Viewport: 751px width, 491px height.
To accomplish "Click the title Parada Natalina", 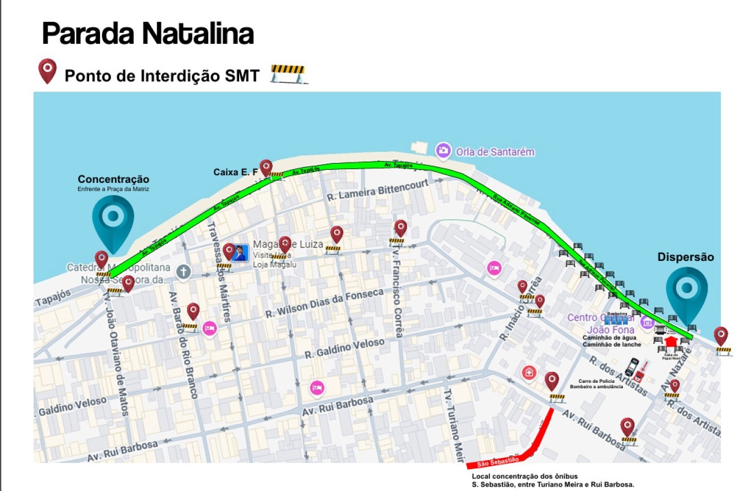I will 147,34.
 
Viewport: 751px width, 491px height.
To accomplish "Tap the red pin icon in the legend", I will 47,71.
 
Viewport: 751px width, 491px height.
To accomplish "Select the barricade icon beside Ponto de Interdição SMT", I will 288,74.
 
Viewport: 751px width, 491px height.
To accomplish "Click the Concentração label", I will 113,180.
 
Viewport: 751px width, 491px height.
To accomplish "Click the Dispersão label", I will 686,257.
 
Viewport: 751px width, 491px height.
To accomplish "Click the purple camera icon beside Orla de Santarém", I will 443,150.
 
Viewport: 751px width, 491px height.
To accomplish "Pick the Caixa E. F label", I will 235,172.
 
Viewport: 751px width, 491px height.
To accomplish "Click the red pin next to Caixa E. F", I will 266,168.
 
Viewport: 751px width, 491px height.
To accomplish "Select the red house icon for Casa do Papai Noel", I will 670,342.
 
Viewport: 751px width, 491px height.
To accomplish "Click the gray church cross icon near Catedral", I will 183,271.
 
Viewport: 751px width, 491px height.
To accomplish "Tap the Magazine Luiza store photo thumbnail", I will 240,253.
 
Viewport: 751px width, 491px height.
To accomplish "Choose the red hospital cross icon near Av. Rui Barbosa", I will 529,372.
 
